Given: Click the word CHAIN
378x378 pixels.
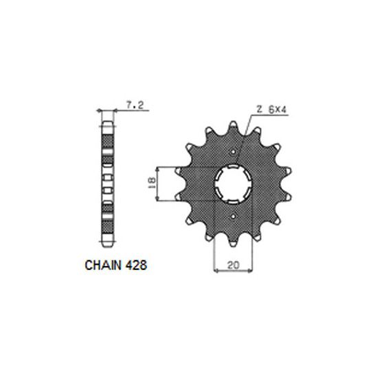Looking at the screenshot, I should coord(103,263).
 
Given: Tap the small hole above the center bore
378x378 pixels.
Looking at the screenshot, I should coord(235,153).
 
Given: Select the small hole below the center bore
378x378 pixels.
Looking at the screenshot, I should coord(235,217).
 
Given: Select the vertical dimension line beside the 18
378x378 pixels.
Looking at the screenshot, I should coord(159,184).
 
